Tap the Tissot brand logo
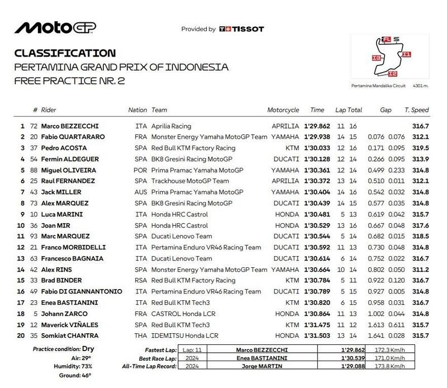pos(241,29)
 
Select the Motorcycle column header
pos(283,111)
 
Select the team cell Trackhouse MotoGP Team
pos(190,182)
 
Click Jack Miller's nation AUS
pos(141,192)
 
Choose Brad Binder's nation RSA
pos(141,280)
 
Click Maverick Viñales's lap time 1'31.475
pos(317,324)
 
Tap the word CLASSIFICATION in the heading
pos(64,54)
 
